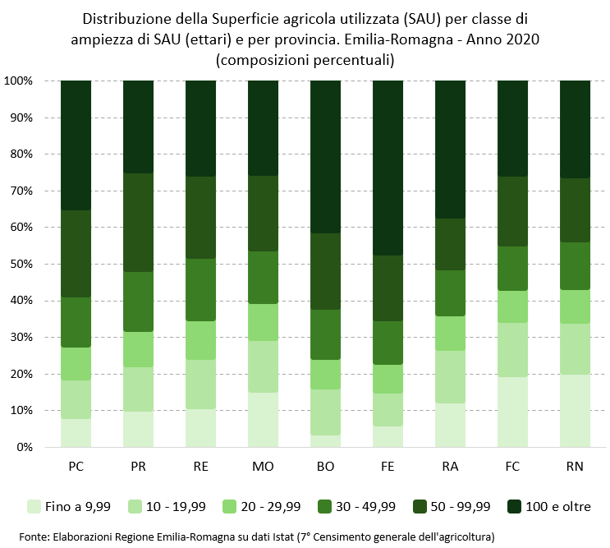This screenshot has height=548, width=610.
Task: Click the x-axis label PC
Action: tap(76, 467)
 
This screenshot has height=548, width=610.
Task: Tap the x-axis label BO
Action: tap(325, 467)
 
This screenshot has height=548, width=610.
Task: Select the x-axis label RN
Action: tap(575, 467)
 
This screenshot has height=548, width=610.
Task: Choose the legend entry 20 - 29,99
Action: tap(265, 506)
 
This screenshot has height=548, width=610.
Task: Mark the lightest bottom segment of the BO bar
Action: tap(325, 441)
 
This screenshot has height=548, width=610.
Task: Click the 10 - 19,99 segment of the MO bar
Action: tap(263, 366)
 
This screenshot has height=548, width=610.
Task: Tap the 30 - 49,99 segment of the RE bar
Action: tap(200, 289)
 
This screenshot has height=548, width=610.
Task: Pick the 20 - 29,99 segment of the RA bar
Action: tap(450, 333)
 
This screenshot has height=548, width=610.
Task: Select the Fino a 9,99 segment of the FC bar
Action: tap(512, 412)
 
